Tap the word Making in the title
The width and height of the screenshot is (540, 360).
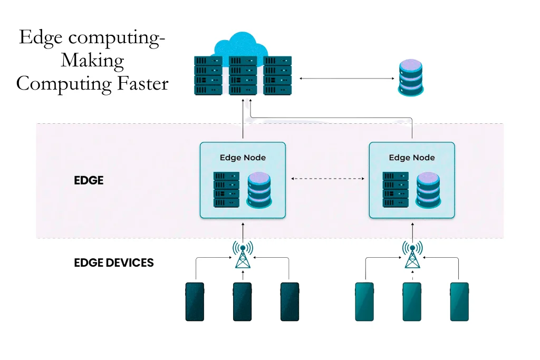[x=92, y=61]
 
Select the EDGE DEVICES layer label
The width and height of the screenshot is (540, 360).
[x=114, y=262]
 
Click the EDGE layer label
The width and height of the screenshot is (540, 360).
[x=89, y=180]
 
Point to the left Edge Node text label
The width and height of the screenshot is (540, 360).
[x=243, y=158]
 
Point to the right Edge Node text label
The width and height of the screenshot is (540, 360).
[x=411, y=158]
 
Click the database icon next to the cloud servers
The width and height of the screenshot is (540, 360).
[x=411, y=77]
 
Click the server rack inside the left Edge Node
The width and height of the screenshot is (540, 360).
[x=226, y=190]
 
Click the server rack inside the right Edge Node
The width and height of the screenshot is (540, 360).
[x=395, y=190]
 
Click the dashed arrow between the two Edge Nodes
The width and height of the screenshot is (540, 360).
[x=327, y=179]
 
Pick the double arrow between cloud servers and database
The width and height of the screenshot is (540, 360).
[x=347, y=78]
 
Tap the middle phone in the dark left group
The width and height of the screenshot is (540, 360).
[x=243, y=301]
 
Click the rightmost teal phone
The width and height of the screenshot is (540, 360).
[x=459, y=301]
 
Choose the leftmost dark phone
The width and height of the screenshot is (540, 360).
[x=195, y=301]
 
